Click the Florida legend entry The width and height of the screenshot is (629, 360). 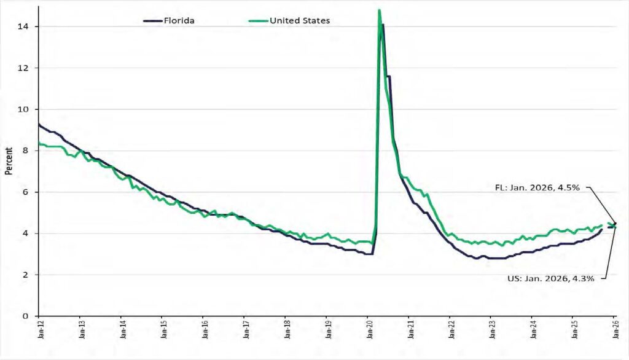click(169, 20)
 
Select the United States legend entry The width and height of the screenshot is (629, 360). click(289, 20)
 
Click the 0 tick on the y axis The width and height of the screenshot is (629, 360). click(26, 316)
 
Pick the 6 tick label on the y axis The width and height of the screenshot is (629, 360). click(26, 192)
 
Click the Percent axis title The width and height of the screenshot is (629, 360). click(9, 161)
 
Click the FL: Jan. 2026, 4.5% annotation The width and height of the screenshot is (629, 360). click(537, 187)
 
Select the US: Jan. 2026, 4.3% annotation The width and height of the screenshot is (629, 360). click(551, 278)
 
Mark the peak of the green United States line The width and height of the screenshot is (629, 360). click(379, 10)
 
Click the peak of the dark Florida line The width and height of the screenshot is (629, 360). click(383, 25)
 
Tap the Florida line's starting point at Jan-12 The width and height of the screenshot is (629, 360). click(39, 125)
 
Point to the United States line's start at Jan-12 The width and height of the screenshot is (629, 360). click(39, 143)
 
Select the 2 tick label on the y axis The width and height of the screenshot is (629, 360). click(26, 275)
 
